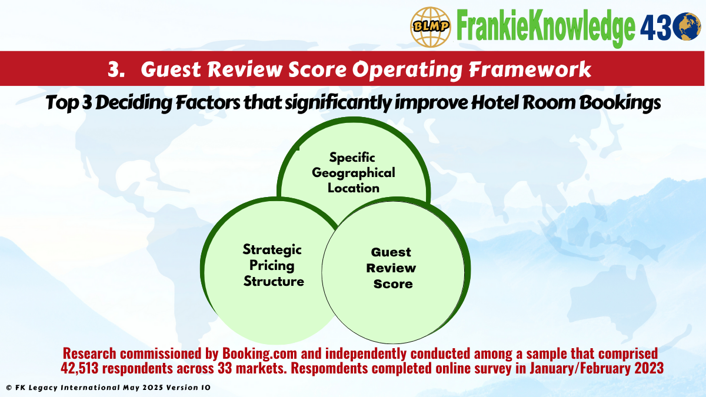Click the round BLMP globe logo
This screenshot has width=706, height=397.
[431, 26]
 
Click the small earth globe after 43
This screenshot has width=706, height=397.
[688, 27]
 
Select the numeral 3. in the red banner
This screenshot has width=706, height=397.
[116, 69]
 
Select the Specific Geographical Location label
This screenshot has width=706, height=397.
[353, 173]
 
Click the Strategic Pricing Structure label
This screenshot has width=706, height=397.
[273, 265]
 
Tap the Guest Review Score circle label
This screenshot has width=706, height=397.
[391, 268]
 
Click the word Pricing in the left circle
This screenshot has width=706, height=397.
[272, 265]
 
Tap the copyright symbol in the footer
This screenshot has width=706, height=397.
[8, 388]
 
